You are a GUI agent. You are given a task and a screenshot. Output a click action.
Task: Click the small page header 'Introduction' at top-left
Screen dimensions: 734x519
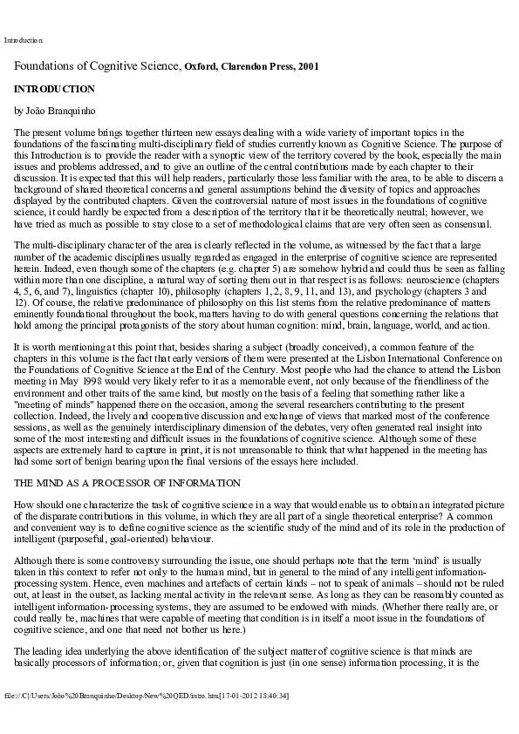[23, 40]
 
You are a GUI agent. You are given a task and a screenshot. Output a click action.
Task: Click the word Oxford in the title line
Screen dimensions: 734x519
[202, 66]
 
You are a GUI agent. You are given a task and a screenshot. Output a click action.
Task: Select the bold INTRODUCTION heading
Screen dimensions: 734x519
[54, 89]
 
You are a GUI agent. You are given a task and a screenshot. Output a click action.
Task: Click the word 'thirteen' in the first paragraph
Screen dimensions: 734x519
[163, 133]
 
